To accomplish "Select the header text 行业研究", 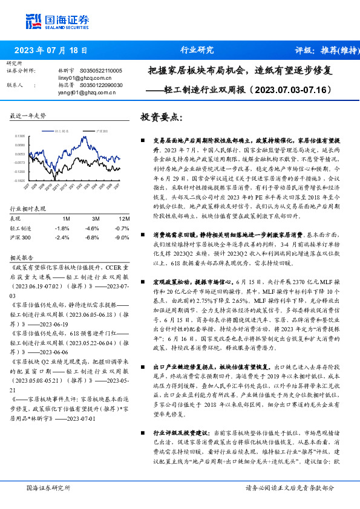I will click(x=197, y=50).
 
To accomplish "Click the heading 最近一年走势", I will click(x=27, y=115).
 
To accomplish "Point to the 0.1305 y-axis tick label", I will click(x=19, y=137).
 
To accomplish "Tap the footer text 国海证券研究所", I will click(x=46, y=487).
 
